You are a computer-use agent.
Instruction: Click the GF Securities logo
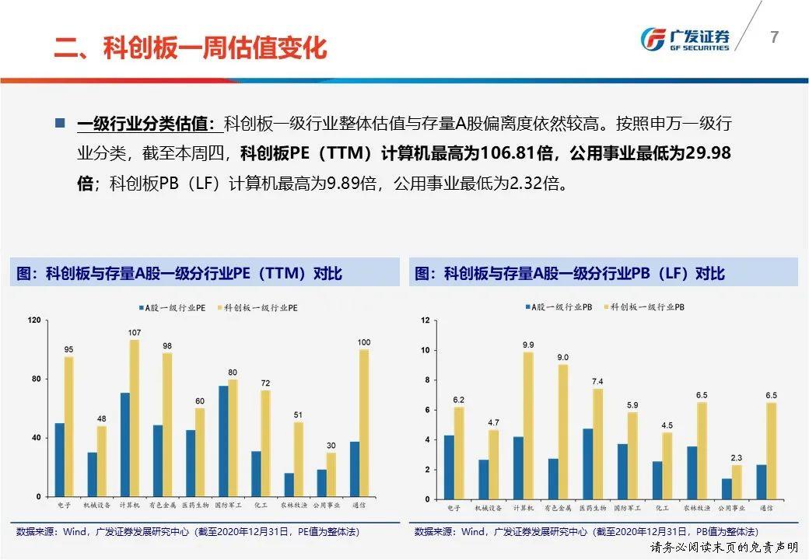685,39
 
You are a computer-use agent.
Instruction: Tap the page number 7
774,37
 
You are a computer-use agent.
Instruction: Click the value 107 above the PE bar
134,333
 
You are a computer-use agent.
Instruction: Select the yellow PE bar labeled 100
364,423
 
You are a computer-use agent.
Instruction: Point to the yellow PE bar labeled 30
331,474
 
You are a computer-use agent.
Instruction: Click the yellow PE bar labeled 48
102,461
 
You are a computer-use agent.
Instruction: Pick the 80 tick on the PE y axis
36,379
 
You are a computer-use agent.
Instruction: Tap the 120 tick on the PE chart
34,320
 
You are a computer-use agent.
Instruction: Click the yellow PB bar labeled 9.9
528,425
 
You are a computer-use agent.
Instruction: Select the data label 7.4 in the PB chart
597,382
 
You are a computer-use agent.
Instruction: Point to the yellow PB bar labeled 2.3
737,482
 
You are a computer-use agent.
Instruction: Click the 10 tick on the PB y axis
426,350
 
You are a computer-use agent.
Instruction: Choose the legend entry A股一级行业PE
173,308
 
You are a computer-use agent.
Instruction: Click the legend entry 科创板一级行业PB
644,306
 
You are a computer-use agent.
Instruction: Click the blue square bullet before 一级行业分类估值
61,123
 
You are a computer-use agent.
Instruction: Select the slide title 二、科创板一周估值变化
191,47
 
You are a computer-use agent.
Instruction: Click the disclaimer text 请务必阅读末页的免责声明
724,547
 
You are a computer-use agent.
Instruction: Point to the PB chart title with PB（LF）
569,273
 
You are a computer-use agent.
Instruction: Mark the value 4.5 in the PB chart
667,425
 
